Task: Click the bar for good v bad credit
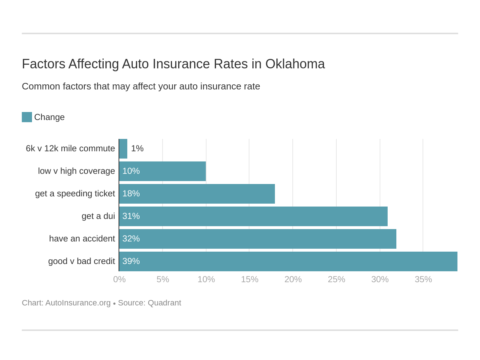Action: pos(288,261)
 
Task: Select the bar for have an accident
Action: pos(257,239)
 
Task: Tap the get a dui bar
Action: pos(253,216)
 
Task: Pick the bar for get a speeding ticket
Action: pos(197,194)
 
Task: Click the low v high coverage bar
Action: pos(162,171)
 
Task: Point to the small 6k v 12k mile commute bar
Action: pos(123,149)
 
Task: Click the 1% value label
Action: pos(137,149)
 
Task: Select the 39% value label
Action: pos(131,261)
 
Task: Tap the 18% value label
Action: pos(131,194)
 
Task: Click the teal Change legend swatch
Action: pos(27,117)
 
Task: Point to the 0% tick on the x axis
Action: pos(119,279)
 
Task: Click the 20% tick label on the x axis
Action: pos(293,279)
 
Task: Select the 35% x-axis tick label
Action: pos(423,279)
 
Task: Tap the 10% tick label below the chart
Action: pos(206,279)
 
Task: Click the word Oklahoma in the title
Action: pos(295,64)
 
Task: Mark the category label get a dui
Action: pos(98,216)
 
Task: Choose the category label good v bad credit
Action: pos(81,261)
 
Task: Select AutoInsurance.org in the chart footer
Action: pos(78,303)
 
